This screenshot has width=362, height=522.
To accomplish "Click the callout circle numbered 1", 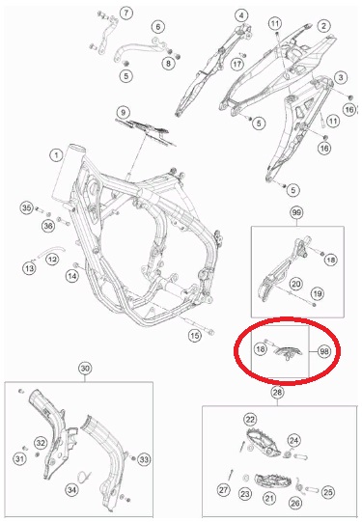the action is (56, 155).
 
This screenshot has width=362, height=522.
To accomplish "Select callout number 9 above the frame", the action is (124, 112).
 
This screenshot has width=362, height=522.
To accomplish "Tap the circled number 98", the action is (324, 351).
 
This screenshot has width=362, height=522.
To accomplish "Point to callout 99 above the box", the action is (296, 212).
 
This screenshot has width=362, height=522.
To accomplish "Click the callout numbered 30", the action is (85, 369).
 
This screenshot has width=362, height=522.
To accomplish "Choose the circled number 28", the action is (277, 392).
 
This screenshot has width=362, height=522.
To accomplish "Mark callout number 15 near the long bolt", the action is (195, 335).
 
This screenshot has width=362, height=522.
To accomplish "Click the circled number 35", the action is (27, 208).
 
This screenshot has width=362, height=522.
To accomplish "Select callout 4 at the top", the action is (240, 15).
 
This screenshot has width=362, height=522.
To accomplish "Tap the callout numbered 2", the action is (323, 26).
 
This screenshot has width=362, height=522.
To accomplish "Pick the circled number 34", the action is (72, 490).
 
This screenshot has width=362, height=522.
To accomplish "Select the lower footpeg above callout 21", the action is (273, 482).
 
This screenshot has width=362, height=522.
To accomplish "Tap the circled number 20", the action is (295, 284).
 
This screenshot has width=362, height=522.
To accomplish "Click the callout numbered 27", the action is (223, 490).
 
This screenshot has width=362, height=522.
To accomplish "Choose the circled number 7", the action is (125, 14).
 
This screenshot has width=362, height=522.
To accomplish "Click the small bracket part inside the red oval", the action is (288, 353).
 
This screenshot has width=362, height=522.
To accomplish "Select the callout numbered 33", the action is (144, 459).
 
